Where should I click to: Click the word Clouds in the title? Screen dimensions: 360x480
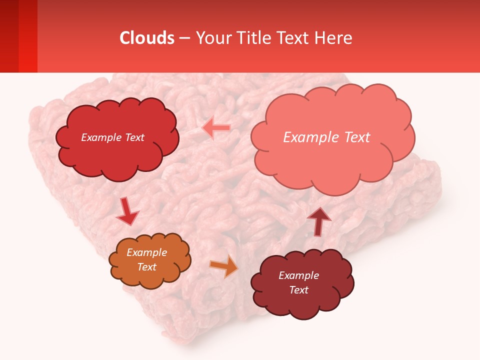[x=147, y=38]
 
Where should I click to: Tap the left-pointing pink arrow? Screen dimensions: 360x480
[x=216, y=128]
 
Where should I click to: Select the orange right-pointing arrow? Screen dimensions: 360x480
[x=224, y=266]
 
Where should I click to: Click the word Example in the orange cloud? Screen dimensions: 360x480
[x=147, y=252]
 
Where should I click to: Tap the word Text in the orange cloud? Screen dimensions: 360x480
[x=147, y=267]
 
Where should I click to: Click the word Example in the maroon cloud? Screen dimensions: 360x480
[x=298, y=275]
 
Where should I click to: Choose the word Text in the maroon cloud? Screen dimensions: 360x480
[x=298, y=290]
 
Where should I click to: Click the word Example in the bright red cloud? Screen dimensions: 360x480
[x=100, y=137]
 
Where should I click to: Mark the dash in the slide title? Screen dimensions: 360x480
[x=184, y=38]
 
